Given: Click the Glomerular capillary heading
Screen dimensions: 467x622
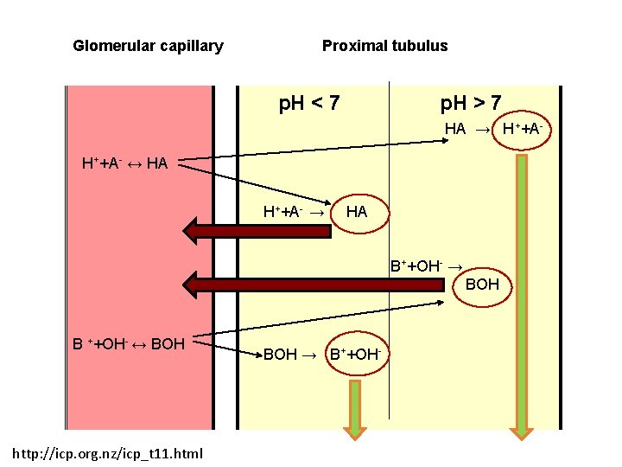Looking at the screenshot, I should pyautogui.click(x=148, y=46).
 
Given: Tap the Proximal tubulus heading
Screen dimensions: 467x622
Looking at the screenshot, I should pyautogui.click(x=384, y=46).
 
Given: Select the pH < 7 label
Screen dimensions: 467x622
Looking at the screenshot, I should pyautogui.click(x=308, y=105).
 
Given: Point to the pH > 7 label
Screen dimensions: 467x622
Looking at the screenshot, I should pyautogui.click(x=471, y=105).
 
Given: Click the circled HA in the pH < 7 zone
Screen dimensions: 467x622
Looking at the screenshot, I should pyautogui.click(x=356, y=212).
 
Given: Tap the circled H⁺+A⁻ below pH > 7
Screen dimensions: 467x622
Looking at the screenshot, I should pyautogui.click(x=522, y=129).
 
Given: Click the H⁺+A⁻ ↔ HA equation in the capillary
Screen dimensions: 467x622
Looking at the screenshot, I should pyautogui.click(x=124, y=163).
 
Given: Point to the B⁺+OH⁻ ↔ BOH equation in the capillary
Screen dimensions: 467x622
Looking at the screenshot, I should pyautogui.click(x=129, y=343).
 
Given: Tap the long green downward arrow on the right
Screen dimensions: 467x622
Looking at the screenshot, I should pyautogui.click(x=521, y=294).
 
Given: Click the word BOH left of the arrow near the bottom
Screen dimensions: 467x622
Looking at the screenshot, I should pyautogui.click(x=280, y=355).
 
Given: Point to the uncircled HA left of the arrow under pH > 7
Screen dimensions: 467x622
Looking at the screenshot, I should pyautogui.click(x=455, y=129).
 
